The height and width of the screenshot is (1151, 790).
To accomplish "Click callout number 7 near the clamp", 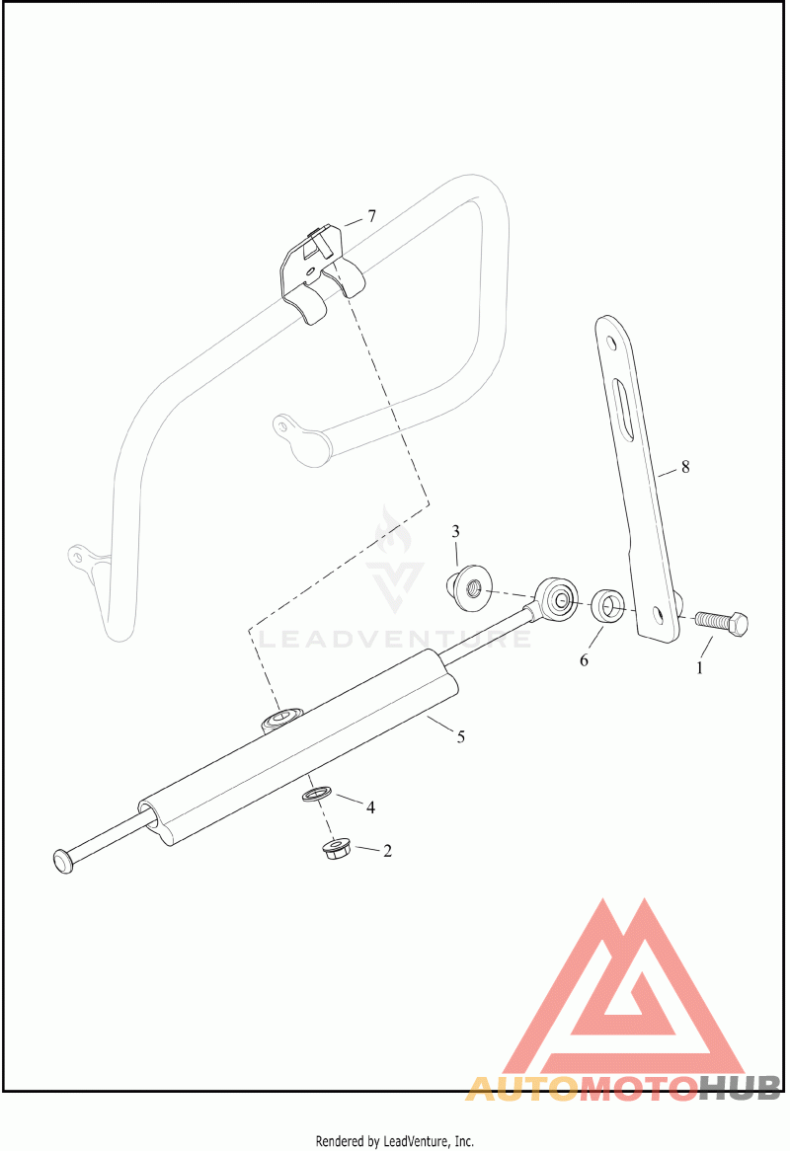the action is (x=371, y=216).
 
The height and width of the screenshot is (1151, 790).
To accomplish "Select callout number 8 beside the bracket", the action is (x=684, y=467).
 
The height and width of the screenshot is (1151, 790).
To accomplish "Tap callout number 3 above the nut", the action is (x=456, y=532).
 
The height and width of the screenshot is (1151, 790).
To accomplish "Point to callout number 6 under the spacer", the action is (x=584, y=659).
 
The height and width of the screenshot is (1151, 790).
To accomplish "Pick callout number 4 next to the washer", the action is (x=370, y=806).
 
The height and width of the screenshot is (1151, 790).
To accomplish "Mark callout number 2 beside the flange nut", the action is (x=387, y=850).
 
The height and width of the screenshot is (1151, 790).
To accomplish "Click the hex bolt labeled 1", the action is (x=722, y=623).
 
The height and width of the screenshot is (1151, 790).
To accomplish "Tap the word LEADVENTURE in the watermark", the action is (x=395, y=640).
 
